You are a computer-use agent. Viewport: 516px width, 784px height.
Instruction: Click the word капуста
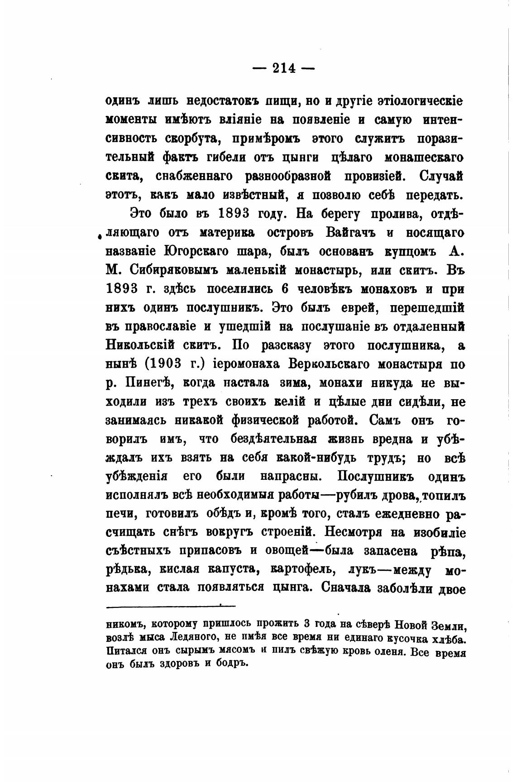[226, 570]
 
